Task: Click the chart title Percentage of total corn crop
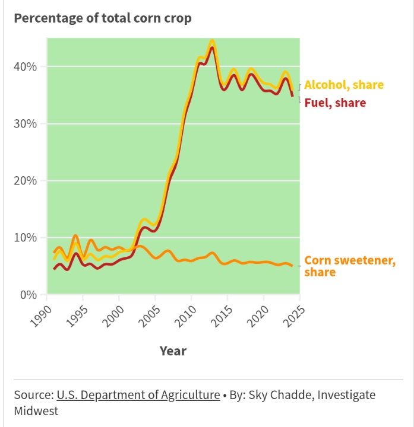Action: tap(103, 18)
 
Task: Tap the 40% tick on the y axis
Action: tap(26, 67)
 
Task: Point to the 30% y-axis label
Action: tap(26, 124)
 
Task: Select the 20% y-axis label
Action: tap(26, 181)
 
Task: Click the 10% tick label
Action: tap(26, 238)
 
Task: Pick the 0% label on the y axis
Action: tap(29, 295)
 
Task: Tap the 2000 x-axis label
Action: tap(109, 314)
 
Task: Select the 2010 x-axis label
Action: tap(182, 314)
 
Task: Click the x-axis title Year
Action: tap(173, 351)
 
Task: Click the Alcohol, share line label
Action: tap(344, 85)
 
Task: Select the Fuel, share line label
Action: tap(335, 103)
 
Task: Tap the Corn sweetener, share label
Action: tap(349, 266)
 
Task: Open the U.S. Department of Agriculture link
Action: tap(138, 395)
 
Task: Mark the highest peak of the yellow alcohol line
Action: tap(212, 41)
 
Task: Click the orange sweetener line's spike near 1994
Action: tap(75, 236)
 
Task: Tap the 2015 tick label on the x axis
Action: tap(218, 314)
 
